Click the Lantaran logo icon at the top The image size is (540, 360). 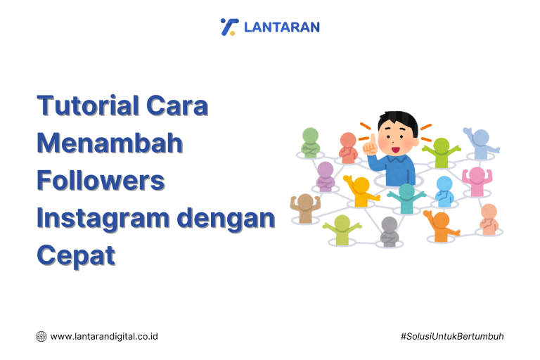229,27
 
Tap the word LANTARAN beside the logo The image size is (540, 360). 281,27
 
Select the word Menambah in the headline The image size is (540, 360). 110,143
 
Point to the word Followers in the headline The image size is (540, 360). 101,181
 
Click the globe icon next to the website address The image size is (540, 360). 41,336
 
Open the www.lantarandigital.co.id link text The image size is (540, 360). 104,336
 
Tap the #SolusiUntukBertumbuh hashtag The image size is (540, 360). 452,336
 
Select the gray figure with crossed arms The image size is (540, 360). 390,231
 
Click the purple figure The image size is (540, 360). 325,176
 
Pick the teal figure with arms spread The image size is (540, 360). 407,198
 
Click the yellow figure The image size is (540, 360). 360,191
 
